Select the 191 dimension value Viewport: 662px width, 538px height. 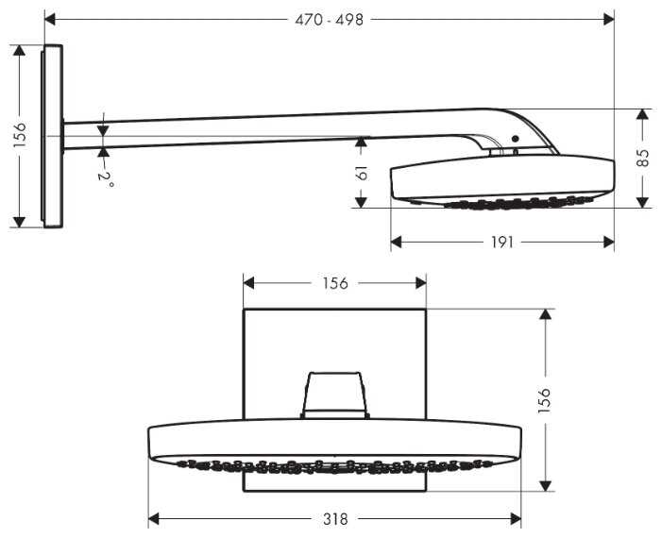click(502, 243)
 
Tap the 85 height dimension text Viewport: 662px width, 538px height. click(644, 158)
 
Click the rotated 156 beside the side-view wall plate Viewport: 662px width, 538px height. click(19, 136)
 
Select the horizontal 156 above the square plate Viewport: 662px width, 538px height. click(334, 282)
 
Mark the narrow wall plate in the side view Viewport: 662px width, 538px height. click(53, 136)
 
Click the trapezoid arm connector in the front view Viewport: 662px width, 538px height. click(334, 394)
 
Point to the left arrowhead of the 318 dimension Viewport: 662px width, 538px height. click(154, 518)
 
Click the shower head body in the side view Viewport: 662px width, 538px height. click(501, 179)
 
